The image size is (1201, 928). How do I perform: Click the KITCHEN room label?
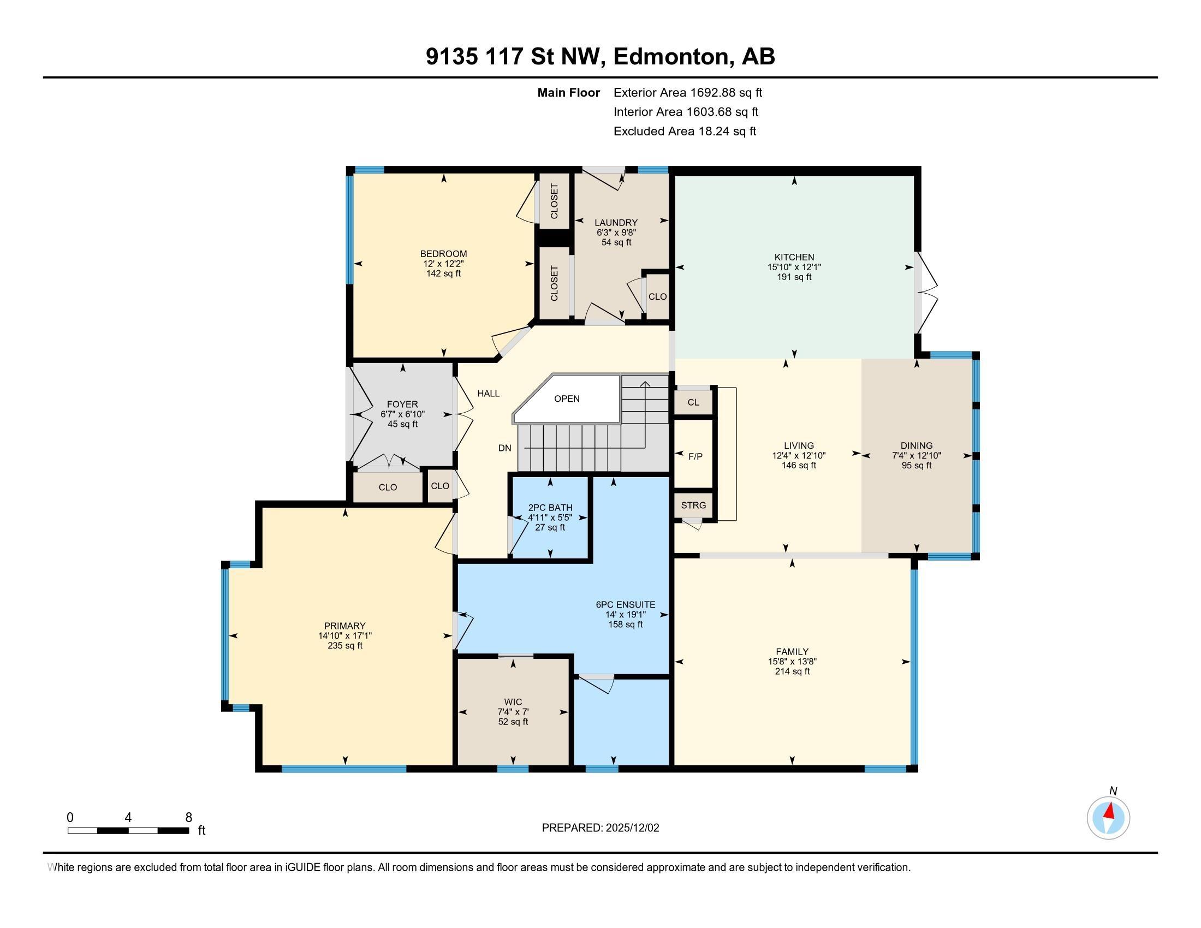794,257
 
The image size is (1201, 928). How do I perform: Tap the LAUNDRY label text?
615,223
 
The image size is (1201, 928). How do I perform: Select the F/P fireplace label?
695,456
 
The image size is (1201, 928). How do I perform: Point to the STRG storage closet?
693,505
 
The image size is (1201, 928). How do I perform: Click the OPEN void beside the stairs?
567,398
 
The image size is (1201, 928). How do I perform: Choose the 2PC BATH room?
550,517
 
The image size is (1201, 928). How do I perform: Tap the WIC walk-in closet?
513,711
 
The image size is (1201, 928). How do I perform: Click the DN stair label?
504,448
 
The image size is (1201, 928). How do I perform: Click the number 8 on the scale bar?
189,817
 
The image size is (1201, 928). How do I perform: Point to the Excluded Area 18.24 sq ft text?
685,132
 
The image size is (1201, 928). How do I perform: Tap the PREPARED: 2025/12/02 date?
600,828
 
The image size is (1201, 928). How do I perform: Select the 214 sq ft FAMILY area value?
792,671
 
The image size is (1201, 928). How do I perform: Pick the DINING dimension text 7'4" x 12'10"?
916,455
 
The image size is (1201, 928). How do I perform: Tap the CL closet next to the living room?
693,402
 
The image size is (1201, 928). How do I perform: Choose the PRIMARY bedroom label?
344,626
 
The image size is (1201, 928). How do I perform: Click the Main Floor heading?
568,93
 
